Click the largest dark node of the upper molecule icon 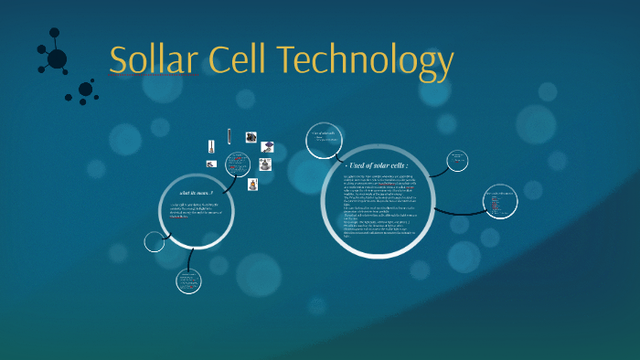click(57, 59)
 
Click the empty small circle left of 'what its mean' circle click(155, 241)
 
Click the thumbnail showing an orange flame click(253, 184)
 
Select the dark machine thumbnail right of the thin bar click(250, 137)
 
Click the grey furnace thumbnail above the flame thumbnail click(265, 165)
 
